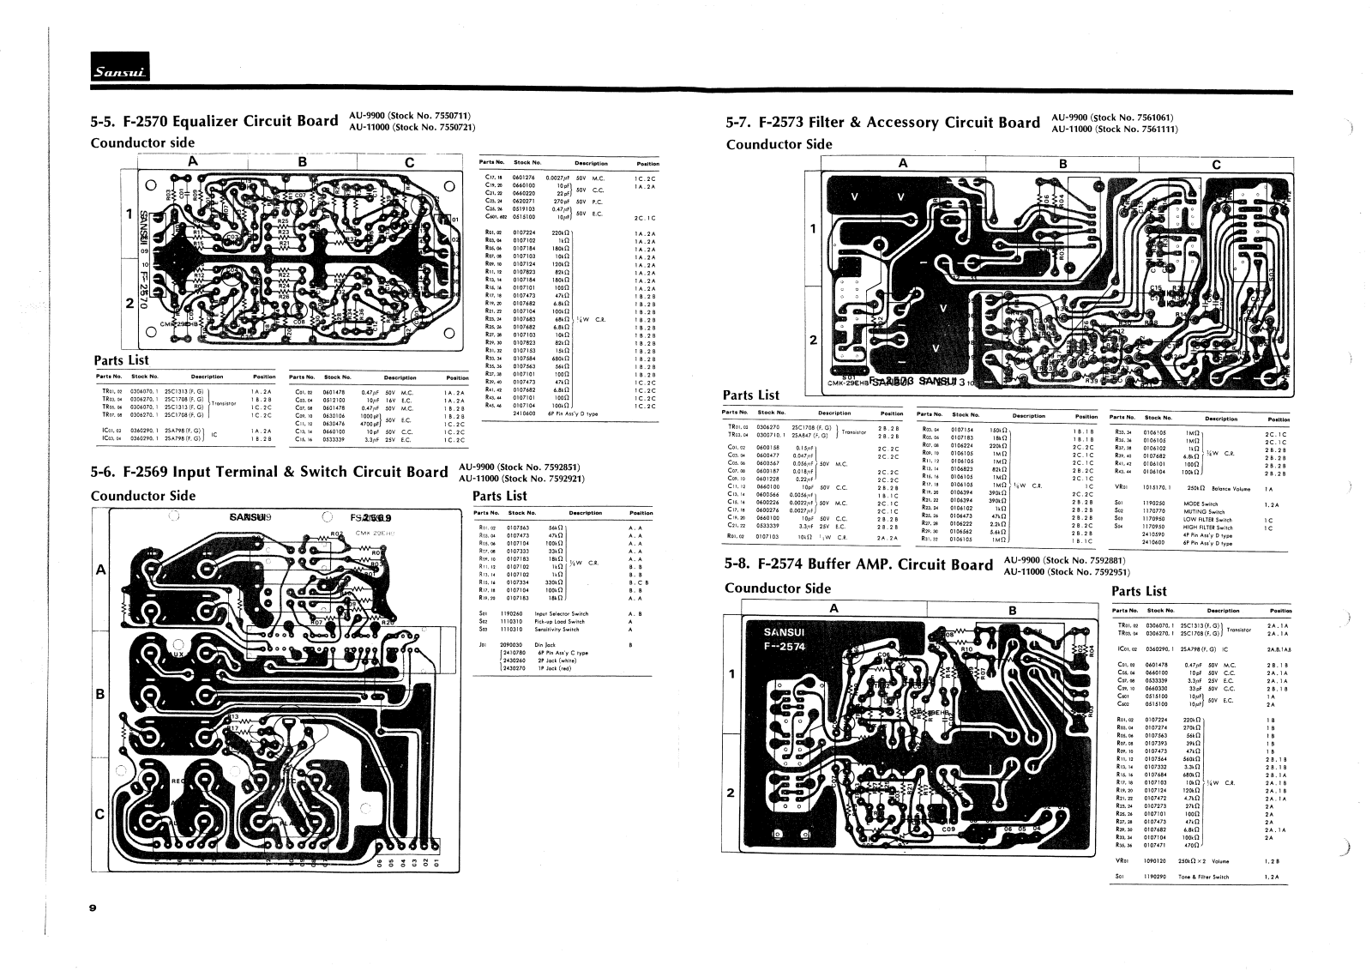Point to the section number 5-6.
point(105,472)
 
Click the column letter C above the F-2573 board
point(1216,164)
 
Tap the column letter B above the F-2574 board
point(1012,610)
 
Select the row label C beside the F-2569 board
point(100,814)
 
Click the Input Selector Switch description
point(562,614)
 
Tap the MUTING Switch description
point(1207,511)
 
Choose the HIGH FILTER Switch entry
point(1210,528)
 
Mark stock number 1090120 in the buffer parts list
point(1158,859)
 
